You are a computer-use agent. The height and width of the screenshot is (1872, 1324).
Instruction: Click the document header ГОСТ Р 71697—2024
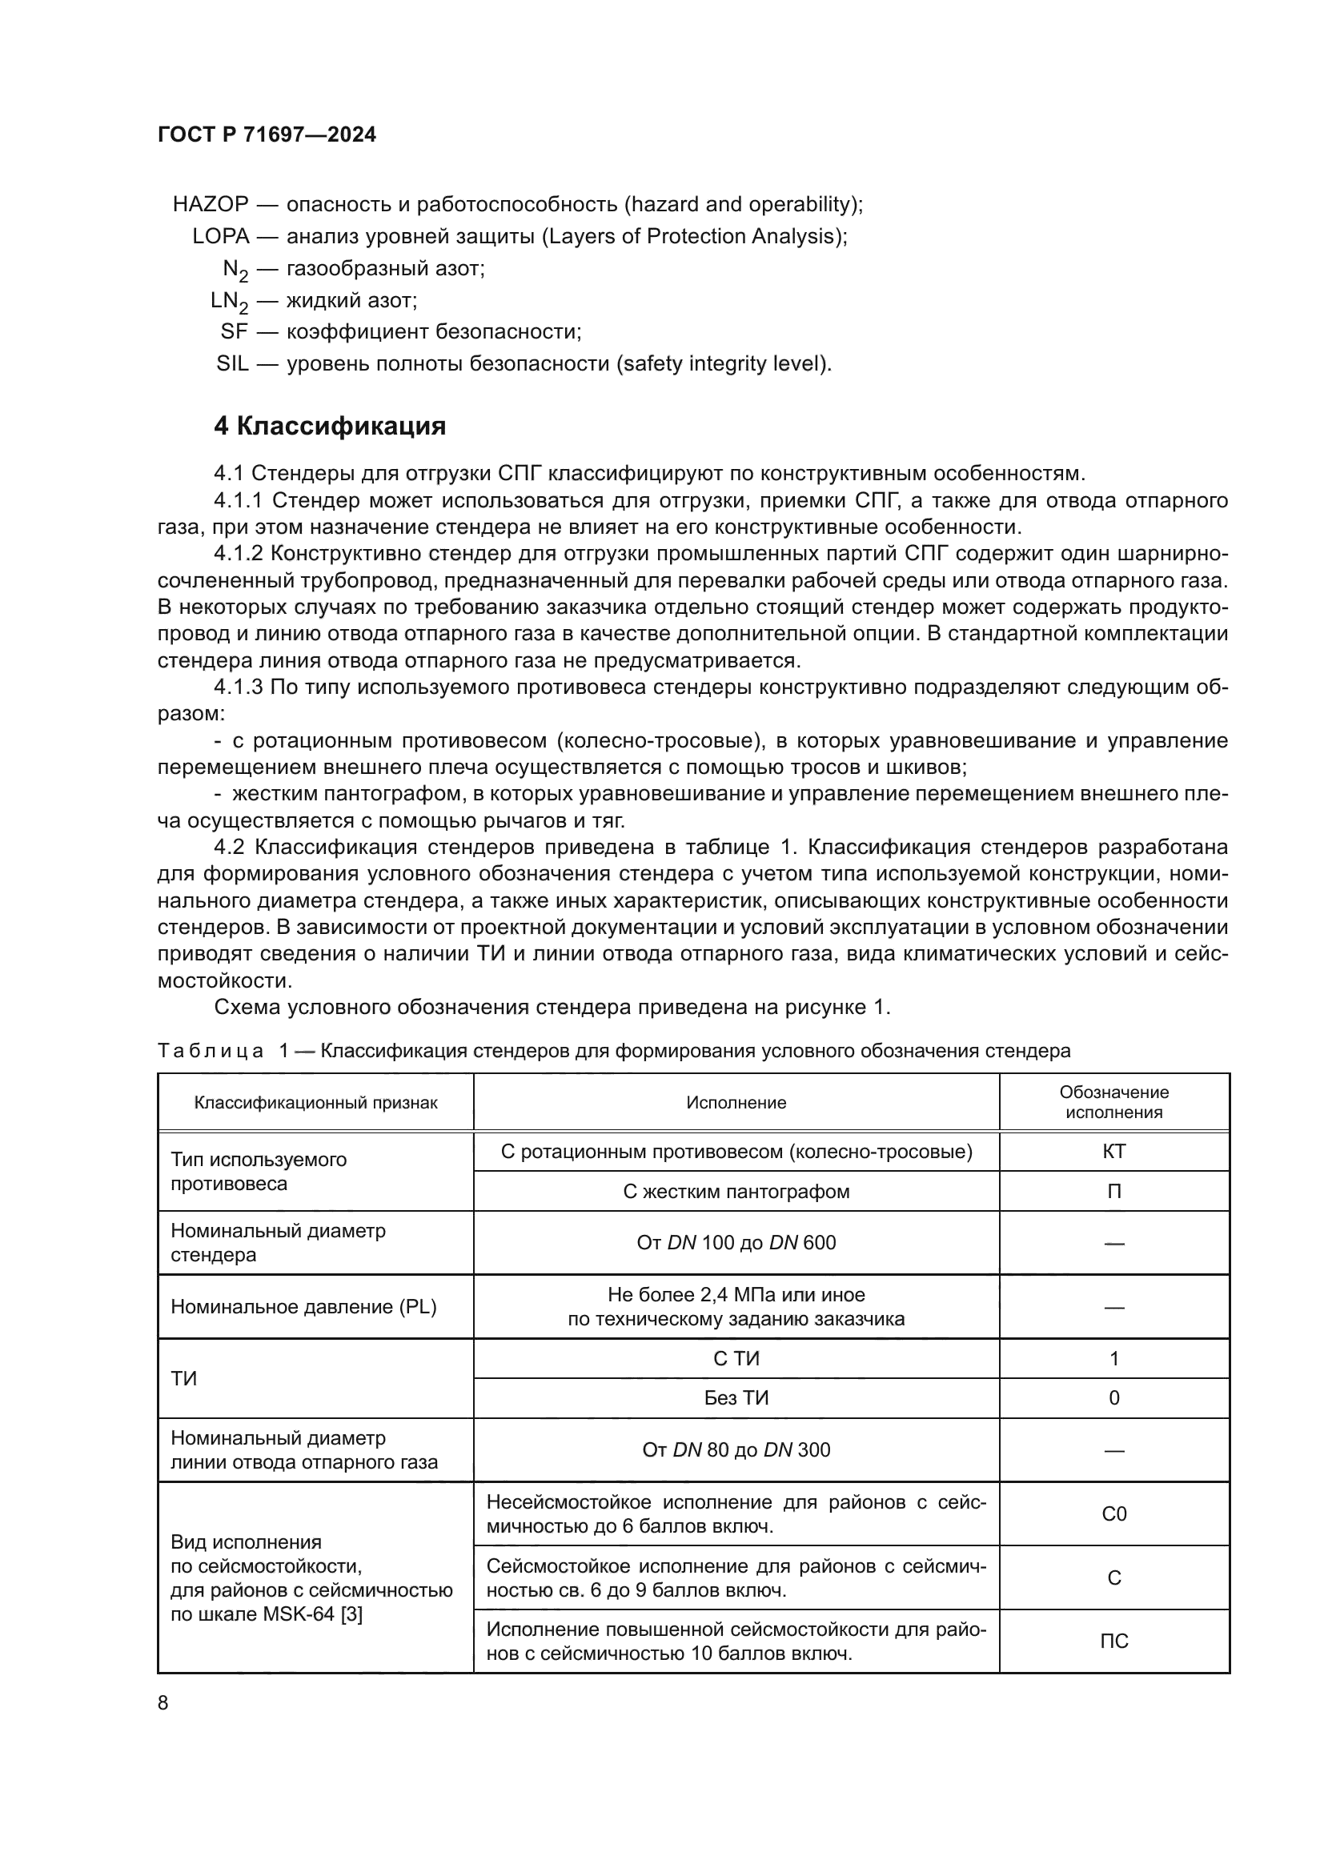point(267,134)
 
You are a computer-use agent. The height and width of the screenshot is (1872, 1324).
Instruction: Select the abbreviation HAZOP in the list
point(211,204)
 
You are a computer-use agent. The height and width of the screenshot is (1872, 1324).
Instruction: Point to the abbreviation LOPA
point(220,236)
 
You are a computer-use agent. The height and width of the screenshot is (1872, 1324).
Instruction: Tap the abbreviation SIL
point(232,363)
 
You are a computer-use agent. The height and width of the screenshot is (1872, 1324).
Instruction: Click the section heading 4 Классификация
point(329,426)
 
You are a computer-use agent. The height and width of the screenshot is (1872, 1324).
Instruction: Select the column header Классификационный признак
point(315,1103)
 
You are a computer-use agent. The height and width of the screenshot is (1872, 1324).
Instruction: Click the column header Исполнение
point(736,1103)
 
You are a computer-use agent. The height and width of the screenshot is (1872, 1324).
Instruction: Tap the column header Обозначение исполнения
point(1113,1102)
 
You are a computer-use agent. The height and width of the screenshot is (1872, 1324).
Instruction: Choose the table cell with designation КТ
point(1113,1151)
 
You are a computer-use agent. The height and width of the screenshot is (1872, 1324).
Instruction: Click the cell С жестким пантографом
point(736,1191)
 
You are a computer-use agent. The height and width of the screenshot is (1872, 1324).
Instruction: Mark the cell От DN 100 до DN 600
point(736,1243)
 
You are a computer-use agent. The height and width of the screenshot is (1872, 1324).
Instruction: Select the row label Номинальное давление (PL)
point(303,1307)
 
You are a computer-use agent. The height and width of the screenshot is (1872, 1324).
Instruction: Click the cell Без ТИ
point(736,1398)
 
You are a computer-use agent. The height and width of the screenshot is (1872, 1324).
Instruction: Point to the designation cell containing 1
point(1113,1358)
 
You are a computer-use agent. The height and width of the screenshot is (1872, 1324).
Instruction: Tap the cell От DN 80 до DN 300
point(736,1449)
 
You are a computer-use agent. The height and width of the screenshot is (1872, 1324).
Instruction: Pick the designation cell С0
point(1113,1514)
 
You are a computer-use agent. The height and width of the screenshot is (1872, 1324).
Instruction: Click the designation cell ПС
point(1113,1642)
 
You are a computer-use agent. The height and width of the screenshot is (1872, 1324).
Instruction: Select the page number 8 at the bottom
point(163,1702)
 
